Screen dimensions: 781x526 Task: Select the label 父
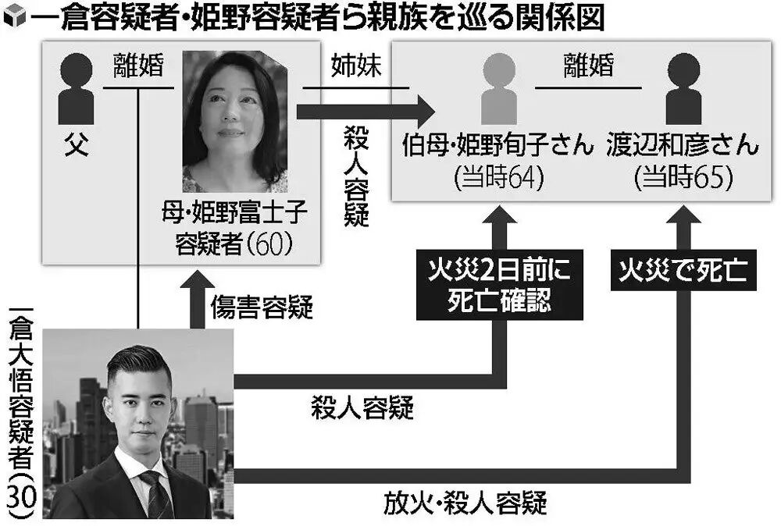[x=76, y=147]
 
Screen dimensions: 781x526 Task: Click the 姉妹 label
[x=355, y=67]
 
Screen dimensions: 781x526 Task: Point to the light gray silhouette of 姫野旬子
[x=498, y=88]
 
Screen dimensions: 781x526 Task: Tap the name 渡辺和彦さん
[x=682, y=147]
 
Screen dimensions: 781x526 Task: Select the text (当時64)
[x=498, y=179]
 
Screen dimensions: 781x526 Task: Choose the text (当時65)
[x=683, y=179]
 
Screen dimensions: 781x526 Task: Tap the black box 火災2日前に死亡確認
[x=499, y=286]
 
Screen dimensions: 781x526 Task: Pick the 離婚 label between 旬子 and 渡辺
[x=590, y=67]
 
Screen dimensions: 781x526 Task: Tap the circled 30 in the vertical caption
[x=20, y=496]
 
